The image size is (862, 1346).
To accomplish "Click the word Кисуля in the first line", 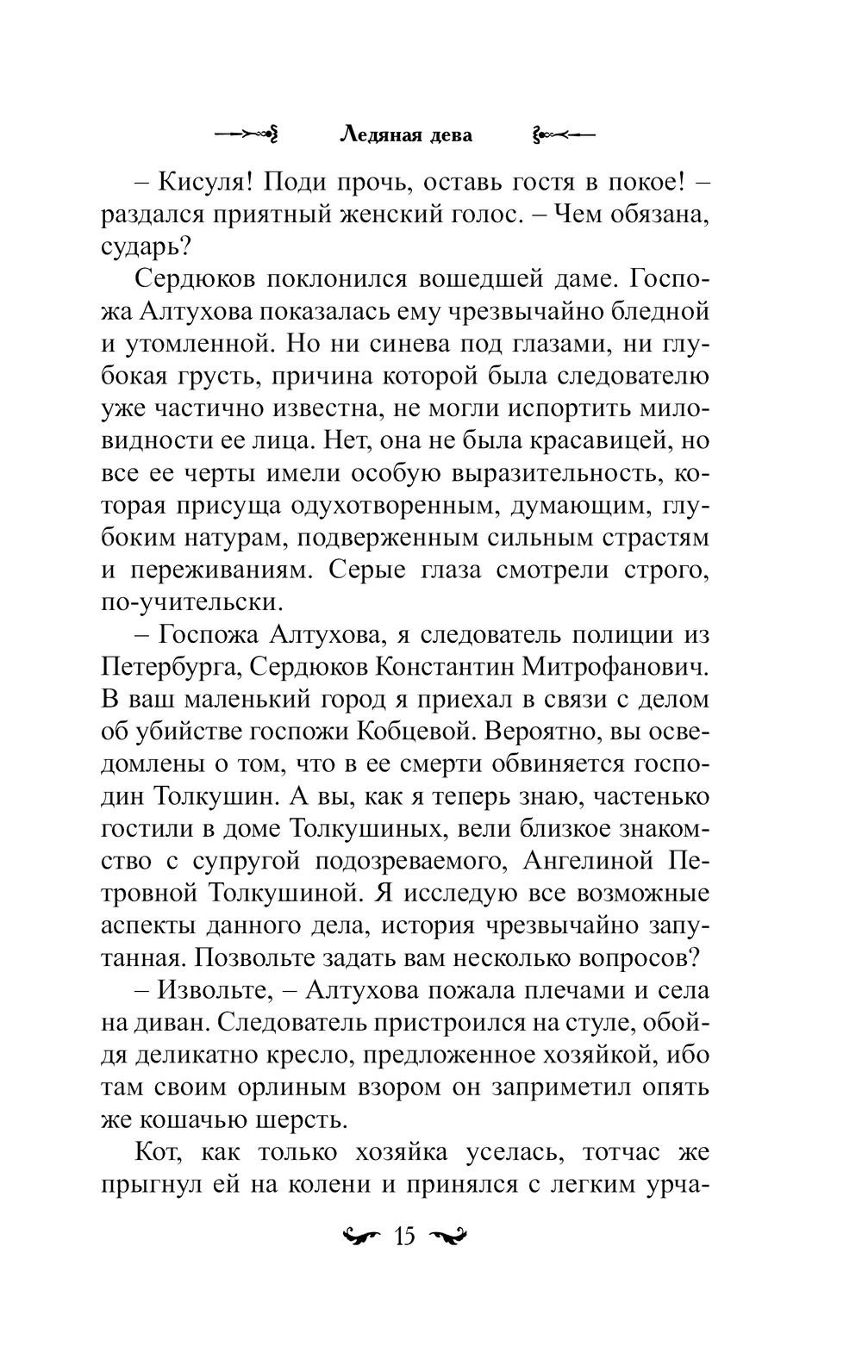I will [203, 183].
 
